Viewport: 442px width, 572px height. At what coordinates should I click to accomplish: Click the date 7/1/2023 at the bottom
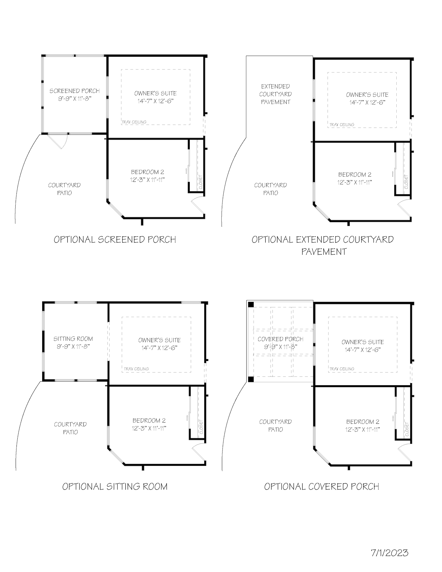click(390, 553)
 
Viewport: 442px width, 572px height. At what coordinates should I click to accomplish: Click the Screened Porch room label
click(75, 91)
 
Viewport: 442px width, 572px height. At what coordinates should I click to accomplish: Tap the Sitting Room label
click(73, 339)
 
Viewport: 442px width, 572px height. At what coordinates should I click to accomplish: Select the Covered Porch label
click(280, 339)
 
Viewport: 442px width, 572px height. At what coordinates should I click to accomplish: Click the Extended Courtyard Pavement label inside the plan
click(276, 94)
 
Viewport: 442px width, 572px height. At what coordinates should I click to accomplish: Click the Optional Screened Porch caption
click(115, 239)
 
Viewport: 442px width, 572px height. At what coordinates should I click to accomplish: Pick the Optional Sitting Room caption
click(115, 486)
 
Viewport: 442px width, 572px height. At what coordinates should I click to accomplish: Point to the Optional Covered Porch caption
click(321, 486)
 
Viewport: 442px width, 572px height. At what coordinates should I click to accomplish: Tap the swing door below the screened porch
click(58, 141)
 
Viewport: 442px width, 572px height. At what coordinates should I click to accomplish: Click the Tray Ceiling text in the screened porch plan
click(134, 122)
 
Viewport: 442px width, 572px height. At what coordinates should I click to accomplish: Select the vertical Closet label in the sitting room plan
click(201, 427)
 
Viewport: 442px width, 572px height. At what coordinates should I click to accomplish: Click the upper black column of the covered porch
click(250, 304)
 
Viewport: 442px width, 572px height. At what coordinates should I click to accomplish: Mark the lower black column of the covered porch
click(250, 379)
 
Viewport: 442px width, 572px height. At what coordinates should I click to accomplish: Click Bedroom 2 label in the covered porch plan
click(362, 422)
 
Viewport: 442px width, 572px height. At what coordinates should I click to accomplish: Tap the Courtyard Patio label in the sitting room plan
click(70, 428)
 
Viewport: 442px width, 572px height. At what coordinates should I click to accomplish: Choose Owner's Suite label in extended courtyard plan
click(367, 95)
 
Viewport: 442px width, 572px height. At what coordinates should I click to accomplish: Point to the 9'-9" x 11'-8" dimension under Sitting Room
click(73, 347)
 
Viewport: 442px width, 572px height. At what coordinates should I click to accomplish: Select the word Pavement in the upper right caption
click(324, 251)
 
